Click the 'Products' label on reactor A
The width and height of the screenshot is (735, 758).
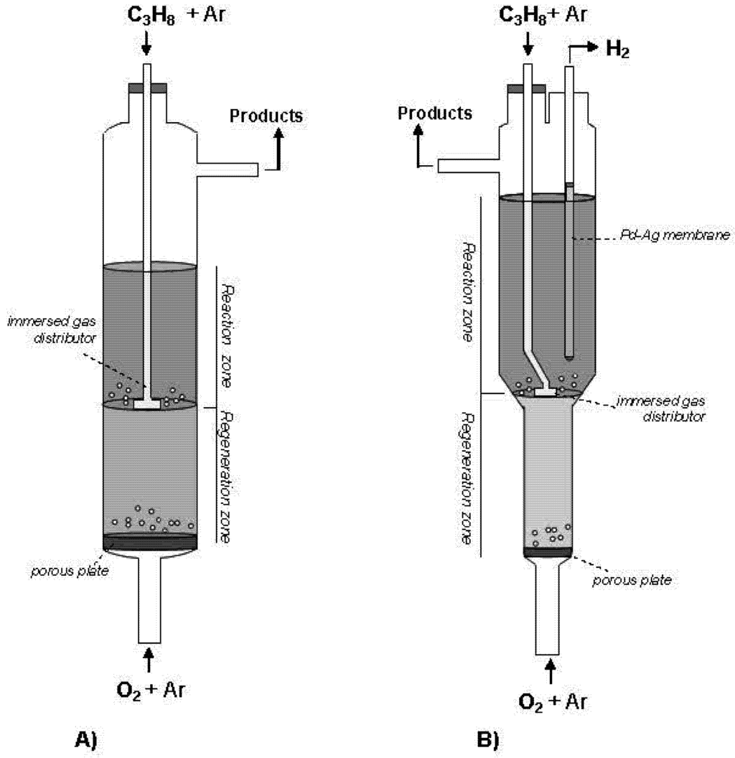pyautogui.click(x=266, y=115)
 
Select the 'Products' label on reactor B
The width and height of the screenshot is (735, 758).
pyautogui.click(x=436, y=113)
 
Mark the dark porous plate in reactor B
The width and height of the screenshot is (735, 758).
pyautogui.click(x=548, y=551)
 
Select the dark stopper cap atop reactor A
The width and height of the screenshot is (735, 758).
pyautogui.click(x=148, y=88)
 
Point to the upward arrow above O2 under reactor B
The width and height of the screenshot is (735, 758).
pyautogui.click(x=551, y=670)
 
